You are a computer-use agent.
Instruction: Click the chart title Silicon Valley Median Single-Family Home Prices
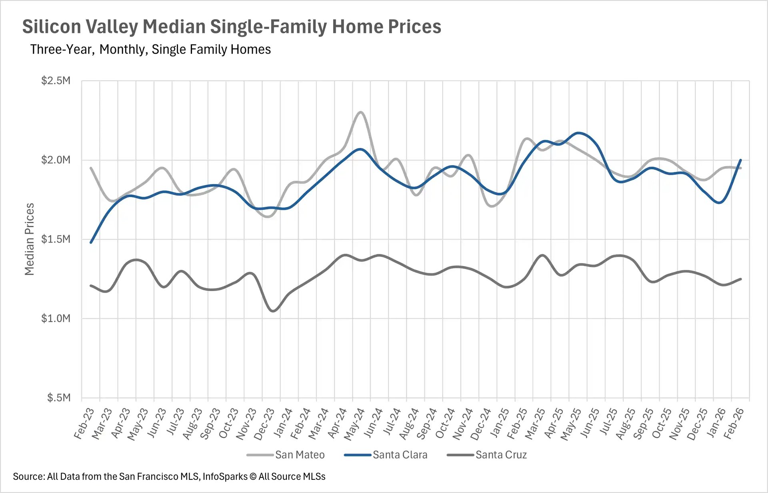coord(231,27)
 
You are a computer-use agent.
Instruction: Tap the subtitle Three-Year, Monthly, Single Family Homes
coord(150,50)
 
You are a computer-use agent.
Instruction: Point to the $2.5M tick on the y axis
coord(56,81)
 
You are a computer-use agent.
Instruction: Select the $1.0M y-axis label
coord(56,319)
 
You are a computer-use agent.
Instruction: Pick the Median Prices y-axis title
coord(30,239)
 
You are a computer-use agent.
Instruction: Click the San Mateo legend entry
coord(299,455)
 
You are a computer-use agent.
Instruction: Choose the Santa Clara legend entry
coord(400,455)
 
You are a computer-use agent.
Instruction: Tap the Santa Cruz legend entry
coord(501,455)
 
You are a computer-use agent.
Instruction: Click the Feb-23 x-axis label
coord(84,424)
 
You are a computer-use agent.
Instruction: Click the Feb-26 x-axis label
coord(734,424)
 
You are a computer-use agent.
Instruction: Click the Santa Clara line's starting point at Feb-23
coord(91,242)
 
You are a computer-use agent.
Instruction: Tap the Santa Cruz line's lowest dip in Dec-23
coord(273,311)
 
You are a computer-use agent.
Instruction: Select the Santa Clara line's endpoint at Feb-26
coord(741,160)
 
